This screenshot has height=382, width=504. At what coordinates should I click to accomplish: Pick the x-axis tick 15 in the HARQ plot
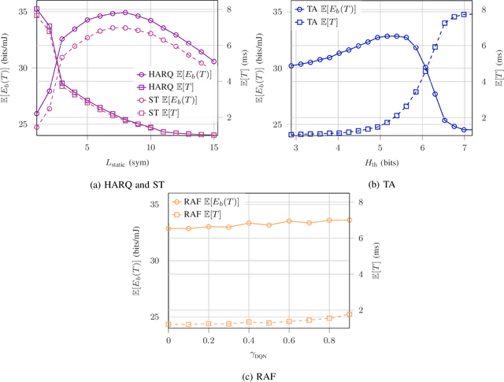(x=214, y=146)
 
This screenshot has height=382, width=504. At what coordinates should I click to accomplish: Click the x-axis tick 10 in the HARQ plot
(x=150, y=146)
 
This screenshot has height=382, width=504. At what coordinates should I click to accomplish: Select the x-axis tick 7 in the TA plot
(x=465, y=146)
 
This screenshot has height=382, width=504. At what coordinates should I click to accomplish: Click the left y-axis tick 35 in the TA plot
(x=277, y=12)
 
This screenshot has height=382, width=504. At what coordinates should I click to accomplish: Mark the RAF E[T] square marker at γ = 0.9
(x=349, y=314)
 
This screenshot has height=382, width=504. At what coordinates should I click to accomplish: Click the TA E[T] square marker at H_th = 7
(x=465, y=14)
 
